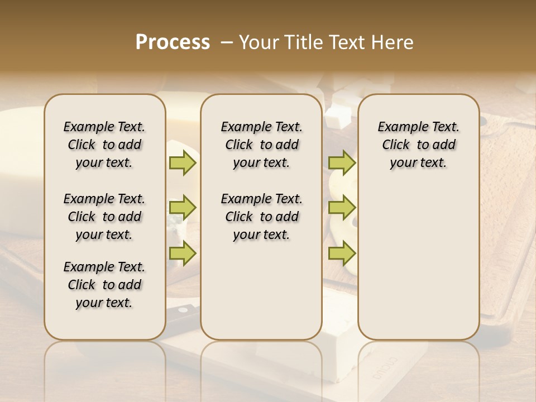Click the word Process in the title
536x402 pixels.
click(173, 42)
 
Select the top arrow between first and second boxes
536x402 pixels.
click(183, 163)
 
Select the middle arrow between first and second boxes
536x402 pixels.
click(183, 208)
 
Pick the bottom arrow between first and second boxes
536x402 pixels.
click(183, 253)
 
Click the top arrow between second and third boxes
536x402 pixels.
click(342, 163)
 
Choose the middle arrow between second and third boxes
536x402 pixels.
click(342, 208)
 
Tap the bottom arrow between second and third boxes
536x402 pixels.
click(342, 253)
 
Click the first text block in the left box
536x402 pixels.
click(104, 145)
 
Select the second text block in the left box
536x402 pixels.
click(104, 217)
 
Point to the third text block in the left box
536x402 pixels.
click(104, 285)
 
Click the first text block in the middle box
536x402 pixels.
click(261, 145)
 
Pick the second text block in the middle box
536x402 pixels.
click(261, 217)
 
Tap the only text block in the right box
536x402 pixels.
click(418, 145)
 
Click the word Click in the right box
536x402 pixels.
click(396, 145)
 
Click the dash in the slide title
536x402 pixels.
click(227, 42)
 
